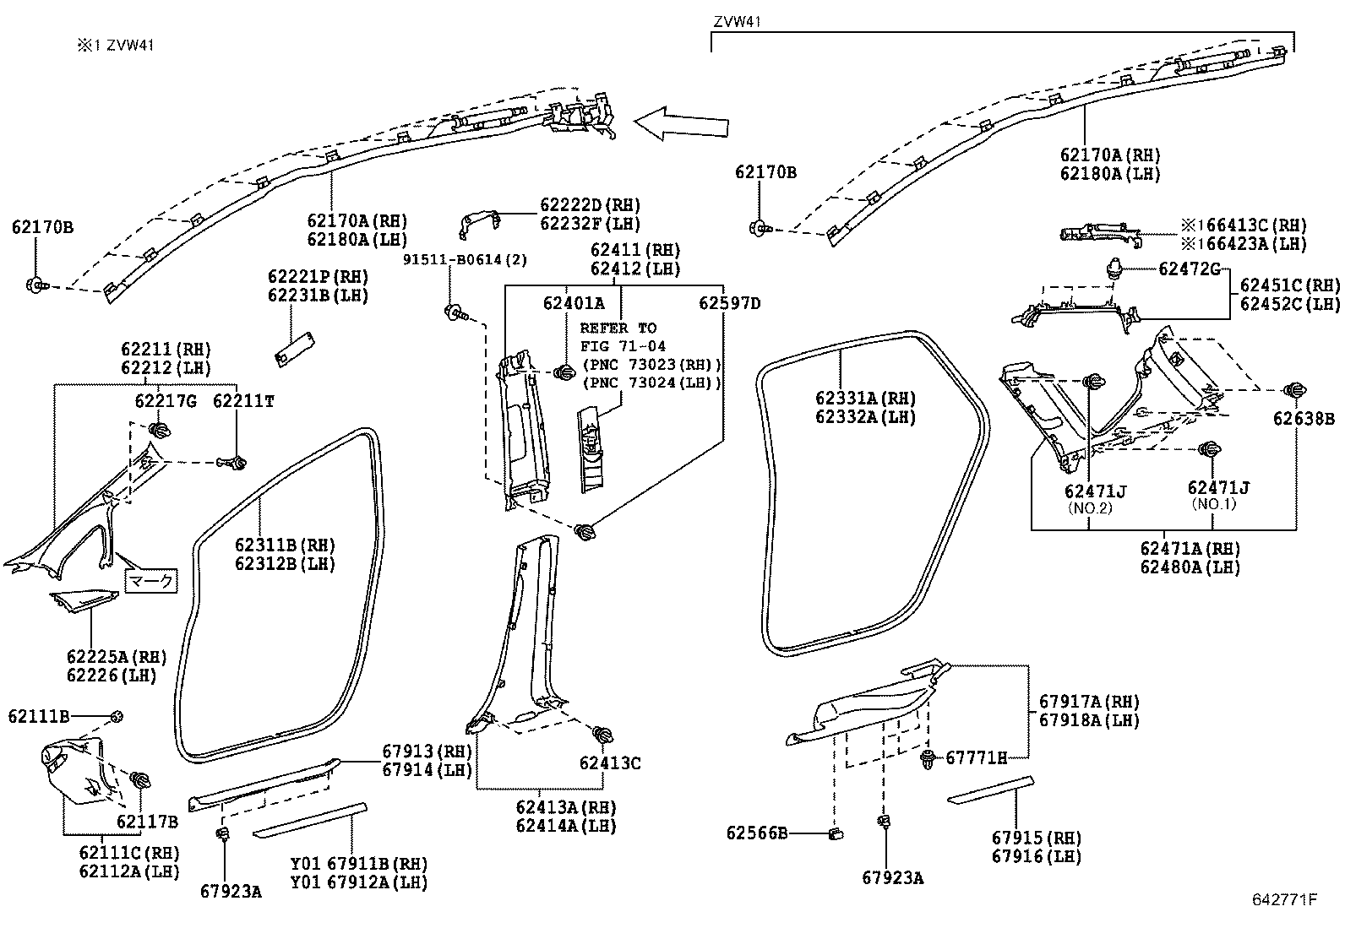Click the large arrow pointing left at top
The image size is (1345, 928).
pyautogui.click(x=681, y=123)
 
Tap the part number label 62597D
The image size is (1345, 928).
pyautogui.click(x=729, y=303)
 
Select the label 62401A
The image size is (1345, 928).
pyautogui.click(x=574, y=303)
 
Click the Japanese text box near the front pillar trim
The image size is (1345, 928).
pyautogui.click(x=152, y=581)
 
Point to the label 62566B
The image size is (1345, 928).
pyautogui.click(x=757, y=833)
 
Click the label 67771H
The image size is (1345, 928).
pyautogui.click(x=976, y=757)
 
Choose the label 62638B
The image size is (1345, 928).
pyautogui.click(x=1304, y=418)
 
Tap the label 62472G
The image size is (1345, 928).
pyautogui.click(x=1190, y=269)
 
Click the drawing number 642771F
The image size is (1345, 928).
pyautogui.click(x=1284, y=899)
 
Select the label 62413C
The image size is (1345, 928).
pyautogui.click(x=610, y=763)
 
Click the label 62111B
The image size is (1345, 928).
pyautogui.click(x=39, y=716)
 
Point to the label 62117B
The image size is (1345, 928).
pyautogui.click(x=147, y=822)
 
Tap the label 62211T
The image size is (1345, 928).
pyautogui.click(x=243, y=401)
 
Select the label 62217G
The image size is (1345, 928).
pyautogui.click(x=166, y=401)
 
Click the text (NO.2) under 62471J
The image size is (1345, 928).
pyautogui.click(x=1089, y=507)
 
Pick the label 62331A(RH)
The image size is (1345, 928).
pyautogui.click(x=865, y=398)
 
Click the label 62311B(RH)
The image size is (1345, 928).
pyautogui.click(x=285, y=545)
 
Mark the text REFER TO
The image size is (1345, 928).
pyautogui.click(x=618, y=328)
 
